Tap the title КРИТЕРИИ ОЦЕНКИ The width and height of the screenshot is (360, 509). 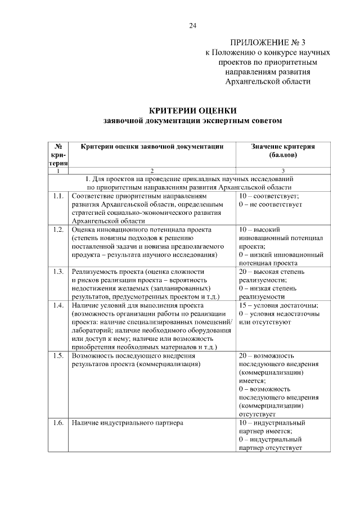point(192,110)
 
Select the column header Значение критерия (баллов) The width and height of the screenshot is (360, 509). point(283,150)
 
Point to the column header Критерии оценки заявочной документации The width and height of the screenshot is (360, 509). point(152,146)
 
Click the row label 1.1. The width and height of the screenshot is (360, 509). point(57,196)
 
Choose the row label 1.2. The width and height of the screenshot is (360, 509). point(57,229)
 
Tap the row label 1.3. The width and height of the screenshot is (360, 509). point(57,272)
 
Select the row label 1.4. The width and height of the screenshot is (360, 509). point(57,305)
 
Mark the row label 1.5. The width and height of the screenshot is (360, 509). point(57,356)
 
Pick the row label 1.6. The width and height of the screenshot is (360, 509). point(57,422)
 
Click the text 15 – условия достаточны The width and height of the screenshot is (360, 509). point(278,305)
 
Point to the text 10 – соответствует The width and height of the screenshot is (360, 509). point(268,196)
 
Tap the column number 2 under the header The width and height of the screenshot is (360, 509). point(152,170)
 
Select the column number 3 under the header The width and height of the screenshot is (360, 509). point(283,170)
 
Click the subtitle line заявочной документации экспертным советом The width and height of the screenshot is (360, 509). point(192,120)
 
